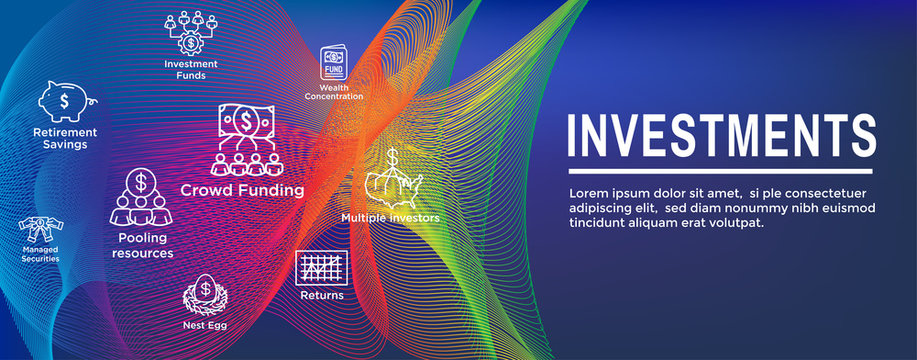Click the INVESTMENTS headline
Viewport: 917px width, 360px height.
point(721,136)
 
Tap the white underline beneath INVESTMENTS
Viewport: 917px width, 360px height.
point(721,173)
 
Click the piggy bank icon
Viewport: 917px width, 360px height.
point(64,101)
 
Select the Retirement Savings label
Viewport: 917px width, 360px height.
point(65,138)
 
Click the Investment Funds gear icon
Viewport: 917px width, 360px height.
point(190,32)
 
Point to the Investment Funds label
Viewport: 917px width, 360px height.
point(191,69)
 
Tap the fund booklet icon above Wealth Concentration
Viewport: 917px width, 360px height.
point(333,63)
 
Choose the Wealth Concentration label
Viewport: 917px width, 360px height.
point(335,92)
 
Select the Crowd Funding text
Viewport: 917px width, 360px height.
point(242,190)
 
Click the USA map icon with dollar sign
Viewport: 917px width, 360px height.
point(391,180)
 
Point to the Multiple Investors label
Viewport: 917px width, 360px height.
point(390,217)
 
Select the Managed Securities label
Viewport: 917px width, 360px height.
point(40,252)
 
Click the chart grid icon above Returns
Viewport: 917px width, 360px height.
point(322,268)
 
